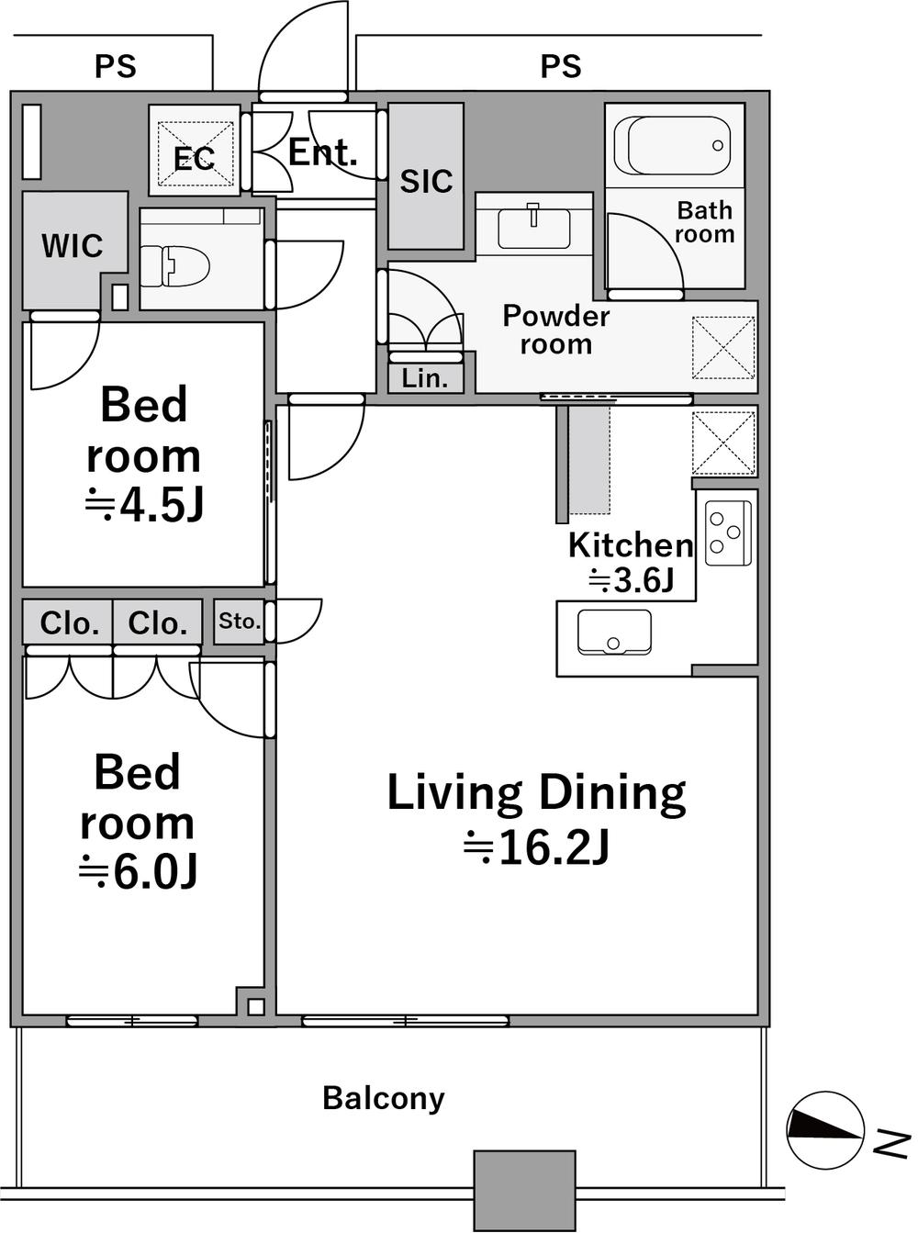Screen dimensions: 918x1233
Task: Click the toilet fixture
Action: pos(174,265)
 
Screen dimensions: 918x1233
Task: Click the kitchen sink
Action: pos(614,633)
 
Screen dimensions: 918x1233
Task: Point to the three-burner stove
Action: pos(728,532)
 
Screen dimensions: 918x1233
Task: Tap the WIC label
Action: pos(73,245)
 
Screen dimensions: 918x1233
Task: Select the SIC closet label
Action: pos(427,181)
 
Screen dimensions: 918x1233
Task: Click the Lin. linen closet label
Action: pos(425,378)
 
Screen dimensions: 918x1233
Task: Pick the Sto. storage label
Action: pos(240,621)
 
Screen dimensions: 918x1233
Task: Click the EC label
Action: pos(195,159)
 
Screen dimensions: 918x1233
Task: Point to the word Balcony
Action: pos(384,1098)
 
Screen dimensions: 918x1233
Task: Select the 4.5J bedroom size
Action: pos(143,507)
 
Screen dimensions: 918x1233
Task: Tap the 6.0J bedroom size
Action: pos(138,873)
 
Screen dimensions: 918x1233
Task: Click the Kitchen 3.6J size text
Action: pos(632,581)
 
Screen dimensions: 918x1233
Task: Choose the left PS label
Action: pos(116,66)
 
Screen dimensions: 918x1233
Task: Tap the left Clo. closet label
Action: pos(70,623)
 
